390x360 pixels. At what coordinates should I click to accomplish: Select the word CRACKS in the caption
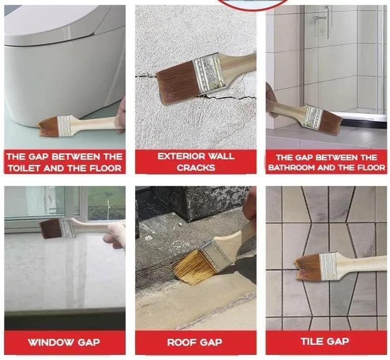click(196, 168)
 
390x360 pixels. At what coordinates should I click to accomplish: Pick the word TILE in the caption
click(311, 341)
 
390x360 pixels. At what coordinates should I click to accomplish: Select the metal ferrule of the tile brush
click(328, 266)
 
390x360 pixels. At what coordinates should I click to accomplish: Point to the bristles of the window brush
click(50, 229)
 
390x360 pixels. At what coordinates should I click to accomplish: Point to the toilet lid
click(55, 23)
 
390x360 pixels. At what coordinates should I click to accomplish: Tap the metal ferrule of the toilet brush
click(64, 125)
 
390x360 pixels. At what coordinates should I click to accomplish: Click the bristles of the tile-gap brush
click(307, 267)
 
